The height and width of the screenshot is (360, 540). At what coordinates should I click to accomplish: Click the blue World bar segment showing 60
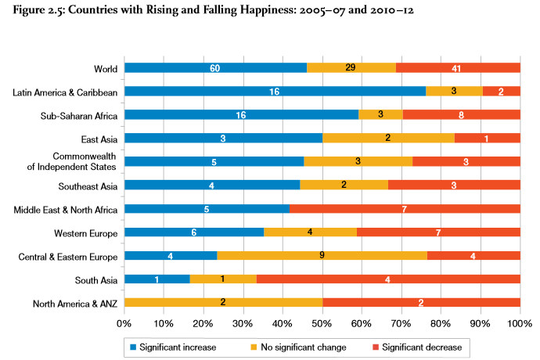215,68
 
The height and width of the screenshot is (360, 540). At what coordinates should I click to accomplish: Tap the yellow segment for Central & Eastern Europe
322,256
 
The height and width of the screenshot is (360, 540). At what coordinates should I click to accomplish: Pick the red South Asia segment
388,279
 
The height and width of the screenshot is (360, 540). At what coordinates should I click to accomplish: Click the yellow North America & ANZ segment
223,303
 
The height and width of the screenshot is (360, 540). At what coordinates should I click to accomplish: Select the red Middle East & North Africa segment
405,209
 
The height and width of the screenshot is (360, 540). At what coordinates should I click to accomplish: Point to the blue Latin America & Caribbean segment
275,92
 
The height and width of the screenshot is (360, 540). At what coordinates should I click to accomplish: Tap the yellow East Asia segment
388,139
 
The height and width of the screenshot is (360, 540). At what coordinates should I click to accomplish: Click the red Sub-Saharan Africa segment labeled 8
462,115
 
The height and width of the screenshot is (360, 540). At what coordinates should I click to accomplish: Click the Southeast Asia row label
88,186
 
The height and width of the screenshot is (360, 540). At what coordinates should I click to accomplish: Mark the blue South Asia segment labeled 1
157,279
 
